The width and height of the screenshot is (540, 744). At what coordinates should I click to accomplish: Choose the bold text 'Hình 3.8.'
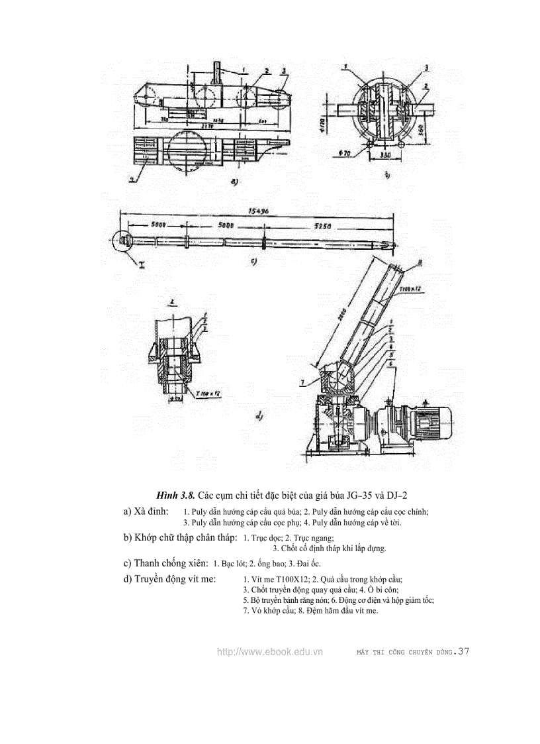coord(175,495)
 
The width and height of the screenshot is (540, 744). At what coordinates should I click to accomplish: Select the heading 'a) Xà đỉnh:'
coord(146,511)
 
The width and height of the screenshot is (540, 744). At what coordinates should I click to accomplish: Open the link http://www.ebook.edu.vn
coord(269,652)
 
